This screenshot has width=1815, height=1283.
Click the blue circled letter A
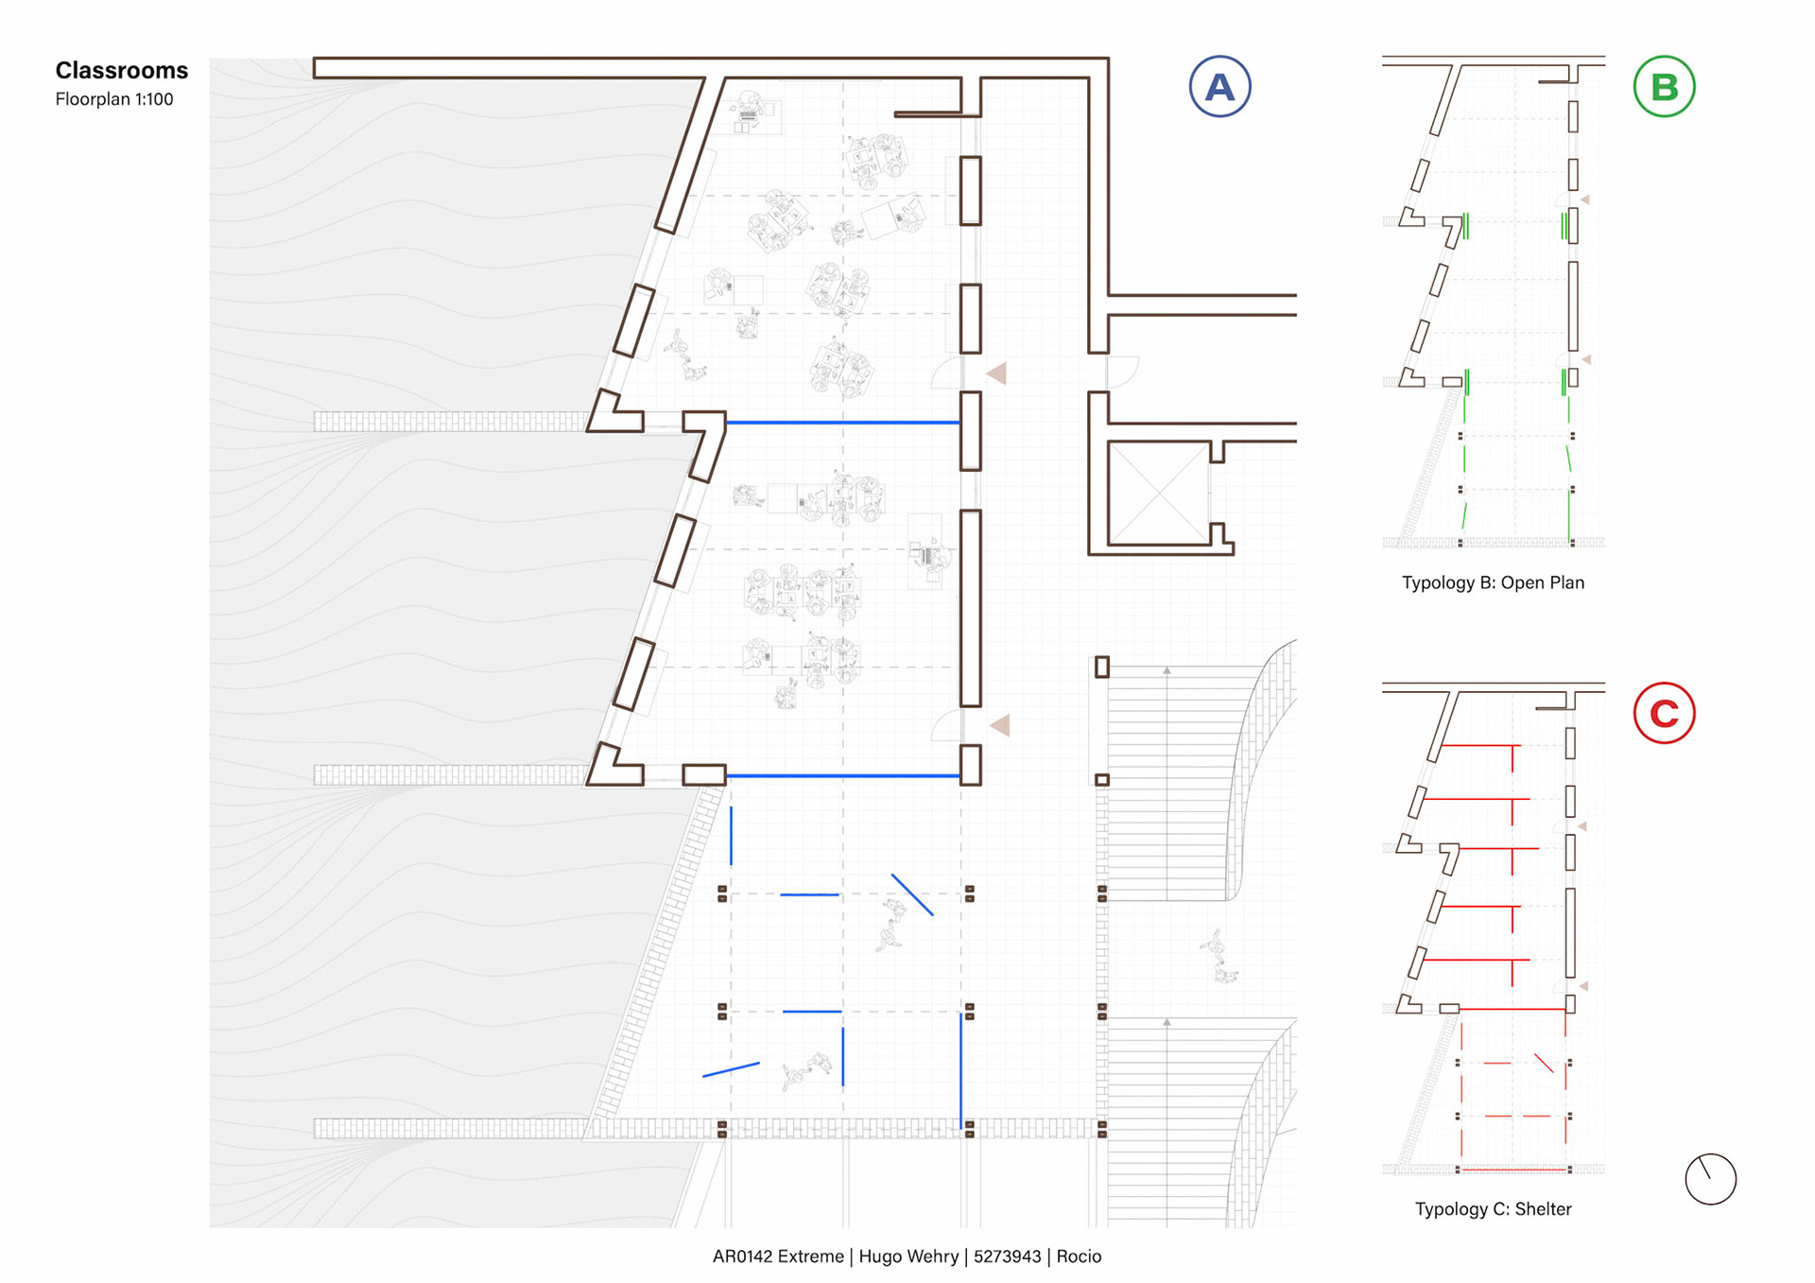(x=1219, y=87)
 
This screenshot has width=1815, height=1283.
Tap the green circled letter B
(x=1664, y=87)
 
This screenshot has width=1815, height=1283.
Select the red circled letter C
(x=1664, y=713)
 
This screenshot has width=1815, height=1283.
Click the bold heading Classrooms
(x=121, y=71)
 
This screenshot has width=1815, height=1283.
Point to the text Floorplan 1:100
(x=113, y=99)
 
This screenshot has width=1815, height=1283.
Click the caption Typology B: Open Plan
(x=1493, y=582)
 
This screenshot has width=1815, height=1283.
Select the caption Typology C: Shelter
(x=1493, y=1209)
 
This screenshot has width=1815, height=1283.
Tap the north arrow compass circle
(x=1710, y=1179)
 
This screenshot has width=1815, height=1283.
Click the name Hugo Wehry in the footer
(x=908, y=1257)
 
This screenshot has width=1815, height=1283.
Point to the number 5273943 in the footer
(x=1007, y=1257)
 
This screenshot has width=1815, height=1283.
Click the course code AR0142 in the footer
(x=745, y=1257)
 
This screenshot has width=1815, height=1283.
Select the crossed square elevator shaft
(x=1158, y=494)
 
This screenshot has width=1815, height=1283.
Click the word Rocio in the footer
(x=1079, y=1257)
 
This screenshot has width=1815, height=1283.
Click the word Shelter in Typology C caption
(x=1543, y=1209)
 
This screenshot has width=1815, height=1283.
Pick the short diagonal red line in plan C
(x=1544, y=1064)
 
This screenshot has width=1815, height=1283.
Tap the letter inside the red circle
(x=1664, y=714)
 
